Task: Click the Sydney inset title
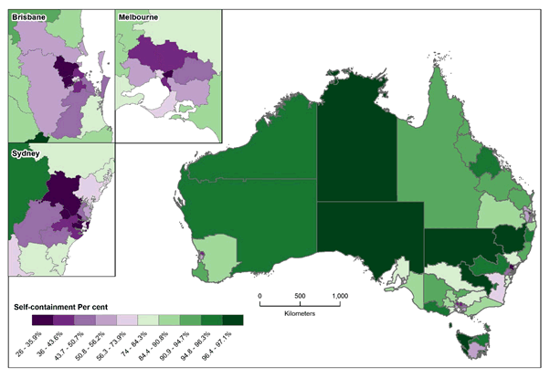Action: (25, 152)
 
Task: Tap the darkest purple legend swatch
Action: (37, 319)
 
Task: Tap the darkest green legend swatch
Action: (234, 319)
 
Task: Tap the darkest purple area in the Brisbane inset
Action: (66, 71)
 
